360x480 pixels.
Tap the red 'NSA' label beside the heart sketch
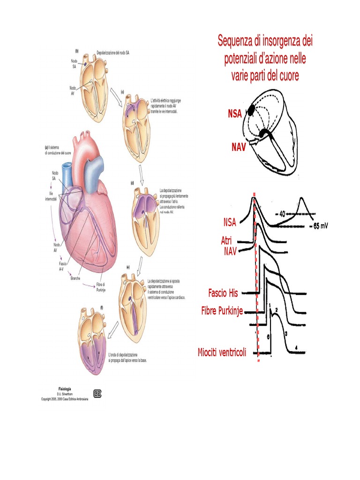click(x=235, y=113)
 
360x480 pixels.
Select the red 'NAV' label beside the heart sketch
click(x=239, y=147)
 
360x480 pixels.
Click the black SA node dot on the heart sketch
click(x=251, y=111)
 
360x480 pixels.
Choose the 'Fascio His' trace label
click(x=223, y=293)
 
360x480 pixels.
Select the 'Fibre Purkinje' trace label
click(x=222, y=311)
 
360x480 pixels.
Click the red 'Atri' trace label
click(x=227, y=240)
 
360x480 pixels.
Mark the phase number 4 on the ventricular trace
click(x=296, y=347)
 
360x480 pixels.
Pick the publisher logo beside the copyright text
click(x=98, y=393)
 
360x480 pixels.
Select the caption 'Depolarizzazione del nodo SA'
click(x=113, y=53)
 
